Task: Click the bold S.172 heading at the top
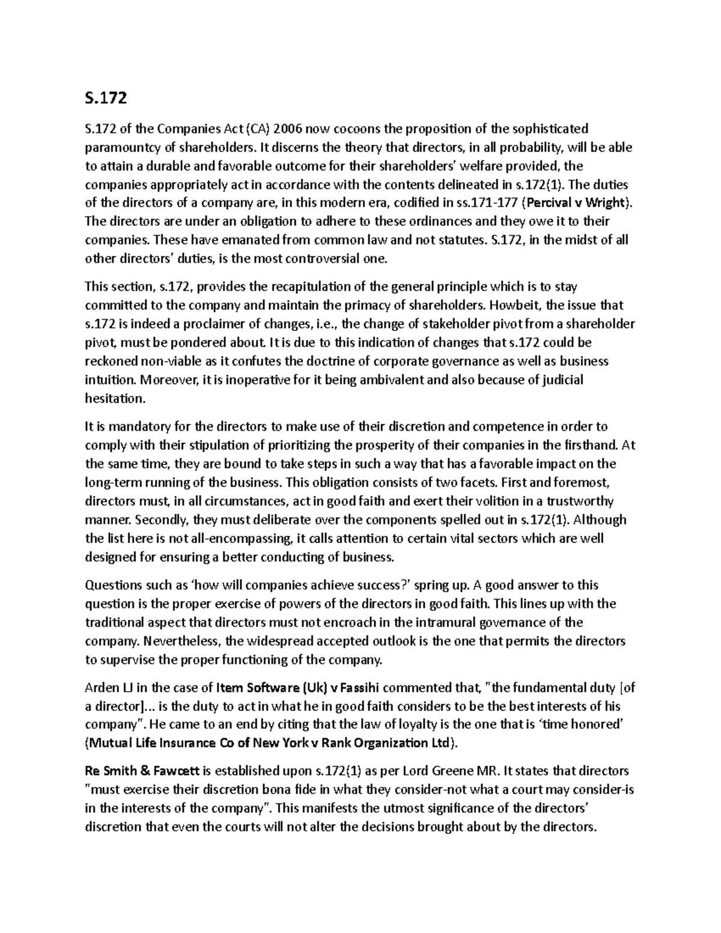click(x=106, y=97)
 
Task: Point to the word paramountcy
click(x=123, y=147)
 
